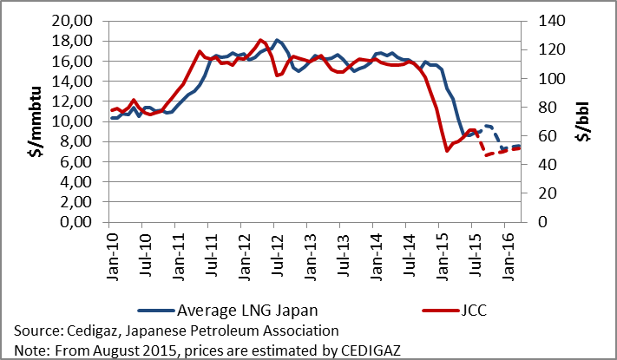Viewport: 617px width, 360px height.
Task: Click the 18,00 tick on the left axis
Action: click(85, 41)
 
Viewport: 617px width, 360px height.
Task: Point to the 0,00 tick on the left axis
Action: click(85, 222)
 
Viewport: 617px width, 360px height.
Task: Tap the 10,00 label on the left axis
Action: click(85, 121)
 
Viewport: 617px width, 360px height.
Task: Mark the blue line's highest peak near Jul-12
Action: click(276, 40)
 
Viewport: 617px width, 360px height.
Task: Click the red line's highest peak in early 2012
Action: click(260, 40)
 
